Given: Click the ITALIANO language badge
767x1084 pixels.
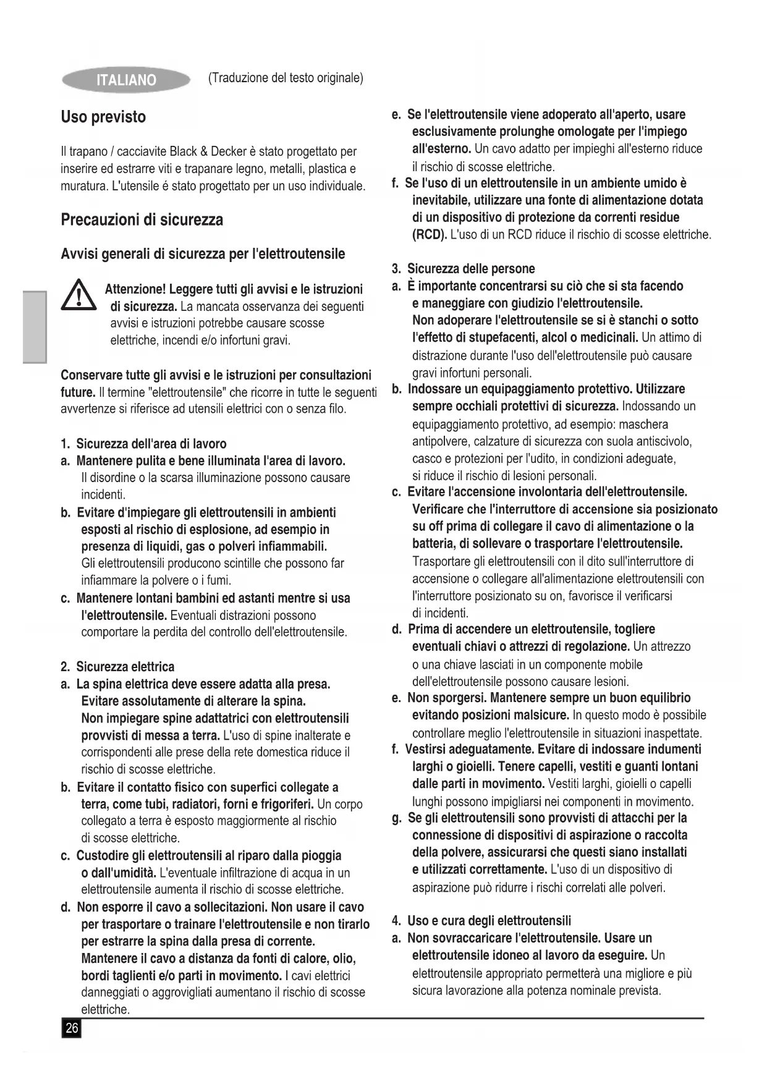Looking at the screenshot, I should coord(126,80).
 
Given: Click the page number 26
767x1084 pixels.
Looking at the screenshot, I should coord(72,1028).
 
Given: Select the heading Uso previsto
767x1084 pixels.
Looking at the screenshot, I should coord(103,117).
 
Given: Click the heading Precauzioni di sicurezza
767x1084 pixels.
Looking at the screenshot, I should coord(142,219).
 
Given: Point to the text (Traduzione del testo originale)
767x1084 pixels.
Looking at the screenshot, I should coord(286,78).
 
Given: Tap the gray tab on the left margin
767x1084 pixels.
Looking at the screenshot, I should coord(35,327).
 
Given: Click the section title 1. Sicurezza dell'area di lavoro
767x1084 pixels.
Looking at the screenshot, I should coord(143,444).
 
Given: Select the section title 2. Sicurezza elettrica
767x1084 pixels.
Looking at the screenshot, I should coord(117,667).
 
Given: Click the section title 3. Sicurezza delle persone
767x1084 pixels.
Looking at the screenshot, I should coord(463,269).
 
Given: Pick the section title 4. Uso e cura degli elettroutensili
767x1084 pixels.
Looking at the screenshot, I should coord(481,921).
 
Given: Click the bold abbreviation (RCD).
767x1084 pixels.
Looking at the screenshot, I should coord(430,235).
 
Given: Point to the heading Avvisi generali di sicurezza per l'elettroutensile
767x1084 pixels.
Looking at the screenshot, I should coord(203,254).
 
